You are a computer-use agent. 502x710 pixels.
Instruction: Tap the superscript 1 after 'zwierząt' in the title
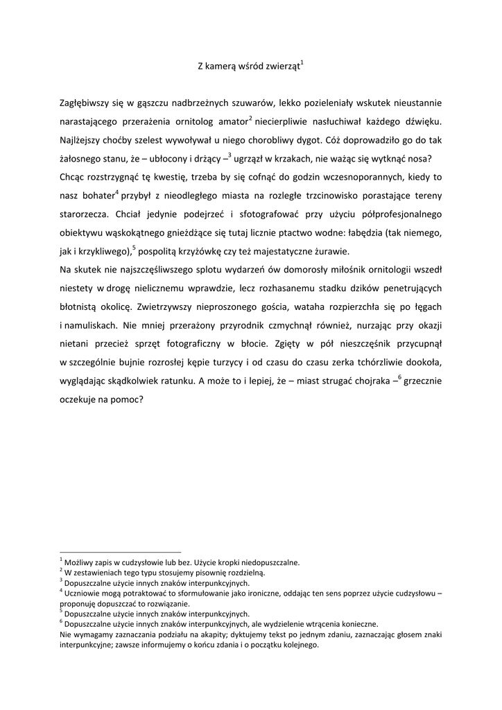[x=302, y=63]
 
